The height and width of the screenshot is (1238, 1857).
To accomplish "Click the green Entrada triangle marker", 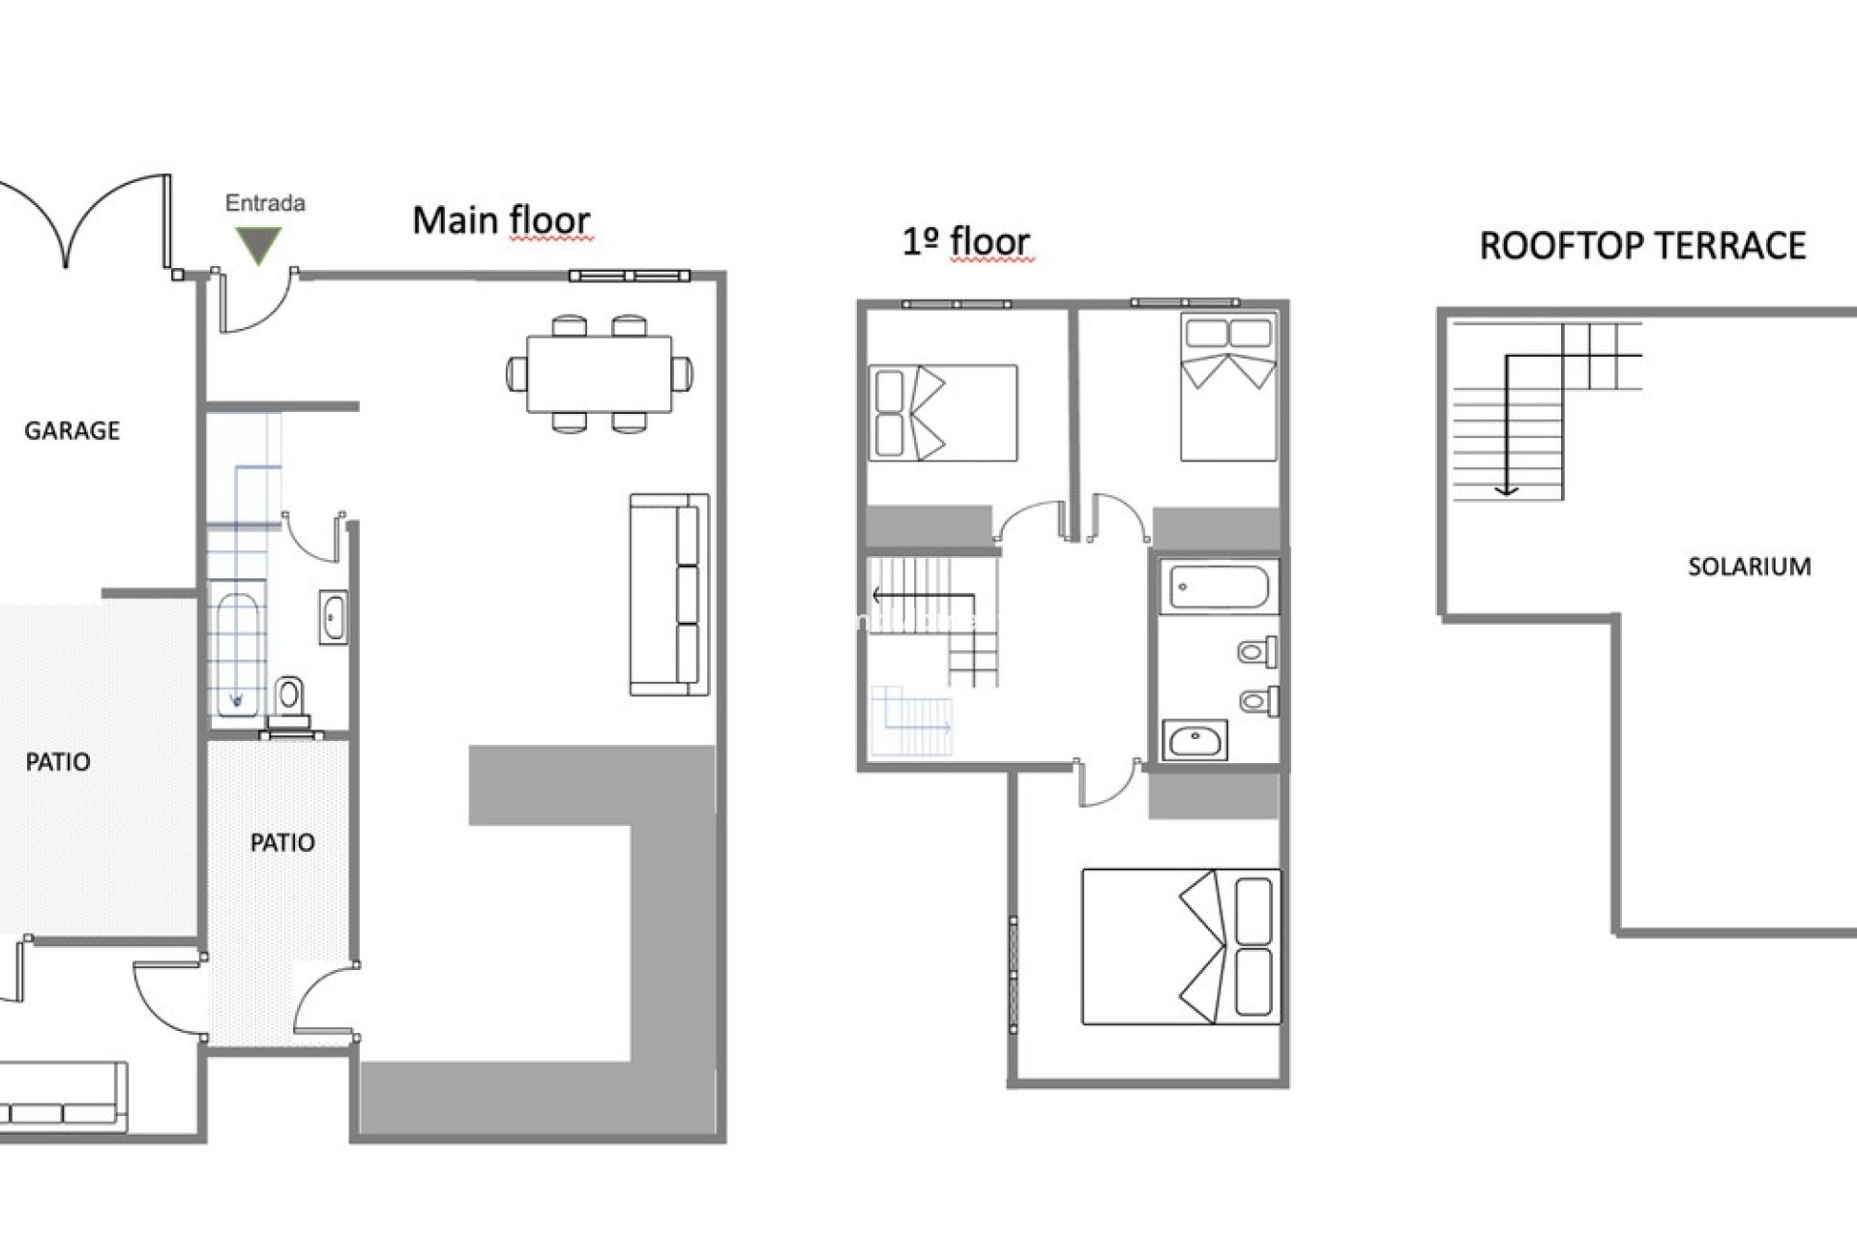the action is pos(258,245).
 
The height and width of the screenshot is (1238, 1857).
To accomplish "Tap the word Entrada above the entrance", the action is pos(265,203).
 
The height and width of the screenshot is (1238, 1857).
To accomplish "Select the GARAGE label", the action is pos(72,430).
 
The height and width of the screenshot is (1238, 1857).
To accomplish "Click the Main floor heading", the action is pos(501,221).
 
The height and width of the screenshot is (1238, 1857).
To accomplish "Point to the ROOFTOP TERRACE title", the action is pos(1642,246).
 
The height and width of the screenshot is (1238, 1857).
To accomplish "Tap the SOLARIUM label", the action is pos(1749,566).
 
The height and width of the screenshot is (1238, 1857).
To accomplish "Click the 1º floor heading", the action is pos(965,242).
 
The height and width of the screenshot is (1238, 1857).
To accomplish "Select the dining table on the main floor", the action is pos(600,373).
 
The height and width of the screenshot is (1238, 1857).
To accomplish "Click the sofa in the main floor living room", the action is pos(669,595).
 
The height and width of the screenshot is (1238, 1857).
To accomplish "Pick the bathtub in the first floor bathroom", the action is pos(1219,586).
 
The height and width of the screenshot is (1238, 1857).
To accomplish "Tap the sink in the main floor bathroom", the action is pos(334,617).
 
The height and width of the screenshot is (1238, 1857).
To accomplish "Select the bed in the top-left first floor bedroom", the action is pos(943,412).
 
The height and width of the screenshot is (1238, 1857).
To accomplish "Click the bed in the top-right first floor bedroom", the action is pos(1228,387).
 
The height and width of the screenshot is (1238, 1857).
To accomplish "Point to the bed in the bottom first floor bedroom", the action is pos(1181,946).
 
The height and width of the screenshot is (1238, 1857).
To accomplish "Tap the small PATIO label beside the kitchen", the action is pos(282,842).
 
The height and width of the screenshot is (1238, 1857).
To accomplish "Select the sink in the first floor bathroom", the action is pos(1195,740).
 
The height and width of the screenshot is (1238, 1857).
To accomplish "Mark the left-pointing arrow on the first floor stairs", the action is pos(923,595).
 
